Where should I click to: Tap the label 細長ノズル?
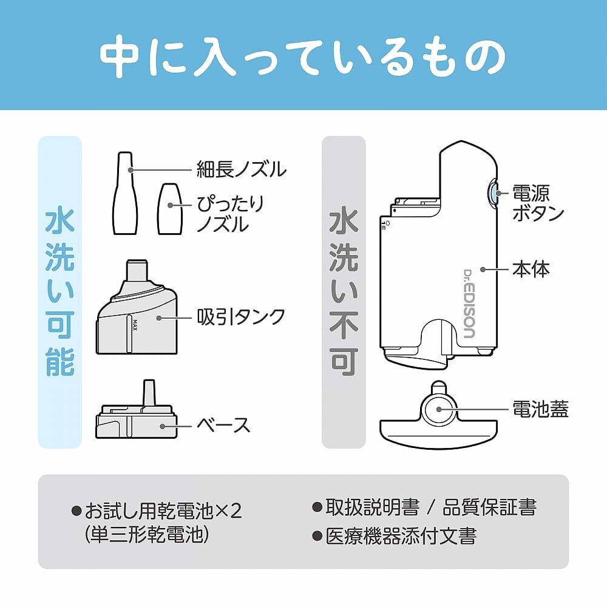coord(241,168)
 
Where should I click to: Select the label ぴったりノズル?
coord(230,214)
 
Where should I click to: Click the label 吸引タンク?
coord(241,316)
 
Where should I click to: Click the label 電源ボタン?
coord(538,203)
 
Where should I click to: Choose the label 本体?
coord(531,269)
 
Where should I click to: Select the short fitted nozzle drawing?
coord(170,209)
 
